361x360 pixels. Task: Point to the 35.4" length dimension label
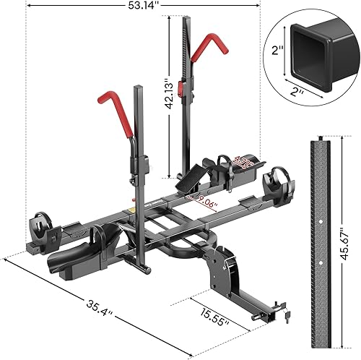pyautogui.click(x=78, y=314)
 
